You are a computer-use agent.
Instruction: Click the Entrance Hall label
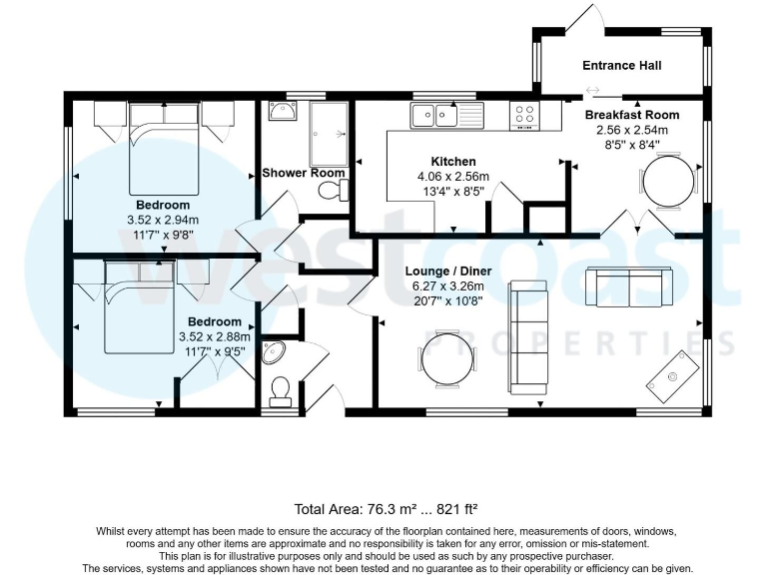point(622,66)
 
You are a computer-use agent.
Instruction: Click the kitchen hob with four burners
point(522,116)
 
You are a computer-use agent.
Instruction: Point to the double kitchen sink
point(433,116)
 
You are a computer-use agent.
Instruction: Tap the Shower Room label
point(304,173)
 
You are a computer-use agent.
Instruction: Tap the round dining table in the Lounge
point(442,357)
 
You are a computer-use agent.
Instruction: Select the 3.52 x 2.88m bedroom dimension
point(211,336)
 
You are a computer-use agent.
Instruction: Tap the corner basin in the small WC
point(272,352)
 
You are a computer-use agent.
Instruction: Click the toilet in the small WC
point(280,390)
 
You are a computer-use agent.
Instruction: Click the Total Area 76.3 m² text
point(383,506)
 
